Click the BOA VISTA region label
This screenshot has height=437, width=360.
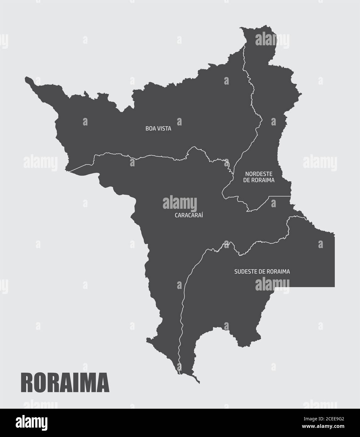(158, 129)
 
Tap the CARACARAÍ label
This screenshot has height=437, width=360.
(189, 215)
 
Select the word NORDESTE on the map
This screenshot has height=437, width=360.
(259, 174)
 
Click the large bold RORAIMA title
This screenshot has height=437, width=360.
(65, 382)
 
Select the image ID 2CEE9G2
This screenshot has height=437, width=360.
(324, 419)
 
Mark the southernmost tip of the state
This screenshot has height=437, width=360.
(199, 383)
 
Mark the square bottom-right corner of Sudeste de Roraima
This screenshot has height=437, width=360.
(334, 286)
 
